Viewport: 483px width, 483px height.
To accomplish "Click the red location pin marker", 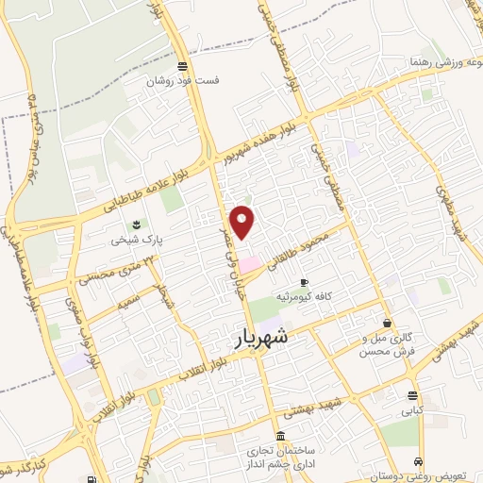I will pyautogui.click(x=243, y=221).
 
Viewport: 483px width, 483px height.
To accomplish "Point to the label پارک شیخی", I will pyautogui.click(x=138, y=240).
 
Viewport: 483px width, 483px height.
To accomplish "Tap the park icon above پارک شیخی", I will pyautogui.click(x=138, y=225).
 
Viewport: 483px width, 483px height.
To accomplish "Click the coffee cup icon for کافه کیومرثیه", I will pyautogui.click(x=304, y=283).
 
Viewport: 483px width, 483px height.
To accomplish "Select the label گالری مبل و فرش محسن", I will pyautogui.click(x=388, y=344).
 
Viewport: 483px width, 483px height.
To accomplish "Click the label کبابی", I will pyautogui.click(x=413, y=410).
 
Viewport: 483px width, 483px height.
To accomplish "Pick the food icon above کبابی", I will pyautogui.click(x=413, y=395).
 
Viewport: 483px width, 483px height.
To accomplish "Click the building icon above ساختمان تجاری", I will pyautogui.click(x=279, y=438).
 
